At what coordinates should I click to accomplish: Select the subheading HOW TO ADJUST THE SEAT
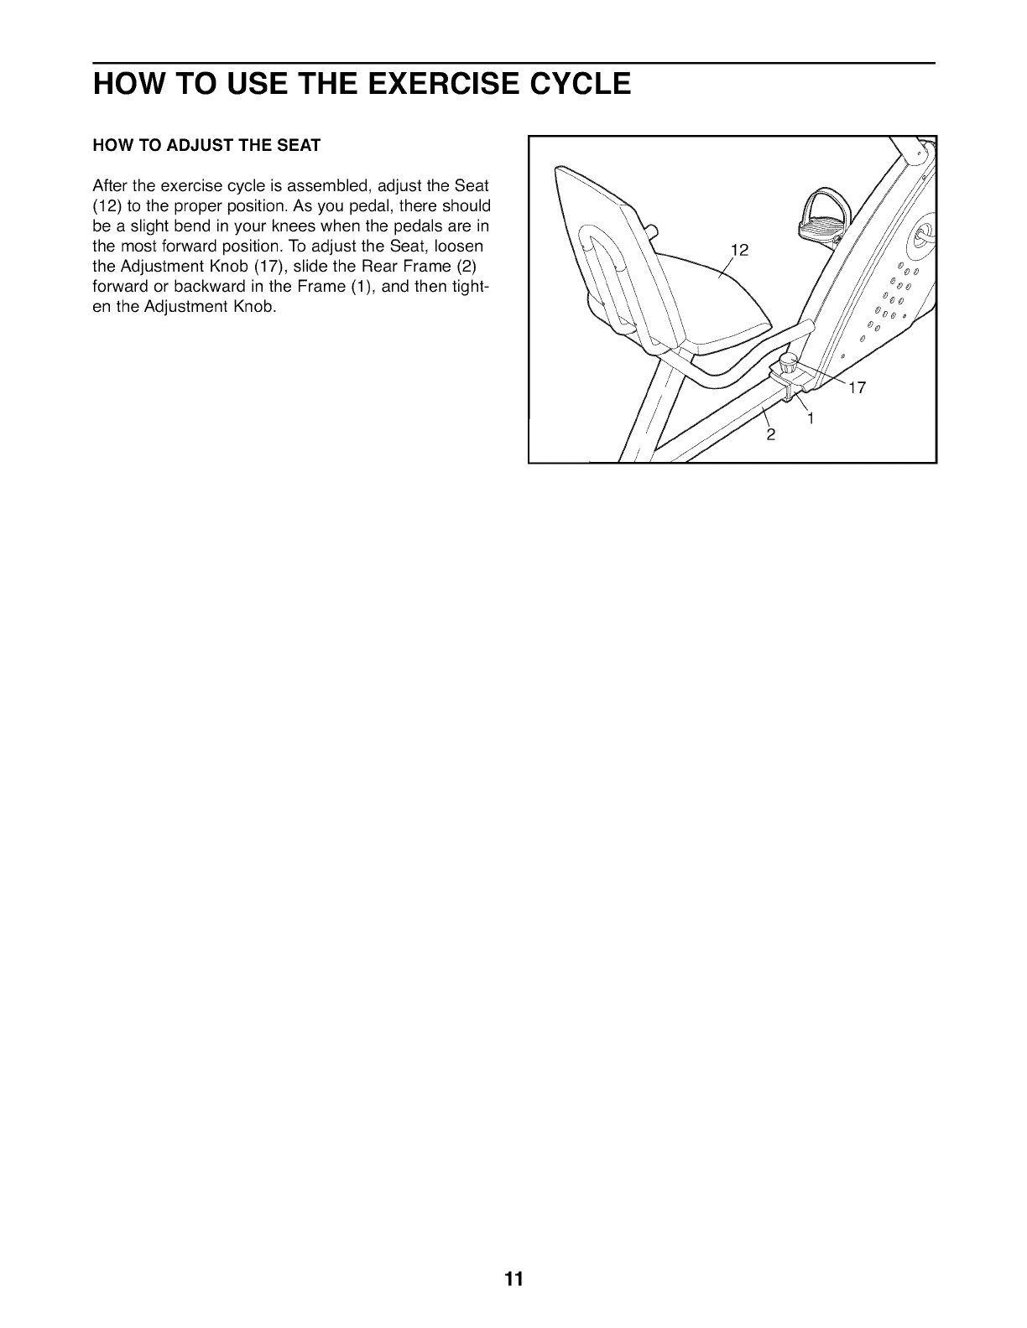click(x=206, y=145)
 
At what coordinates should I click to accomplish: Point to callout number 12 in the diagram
click(x=739, y=250)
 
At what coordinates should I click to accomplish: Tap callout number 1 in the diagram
click(x=811, y=418)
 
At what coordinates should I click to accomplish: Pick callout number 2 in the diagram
click(x=770, y=435)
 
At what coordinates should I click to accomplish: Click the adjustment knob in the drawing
click(x=788, y=364)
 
